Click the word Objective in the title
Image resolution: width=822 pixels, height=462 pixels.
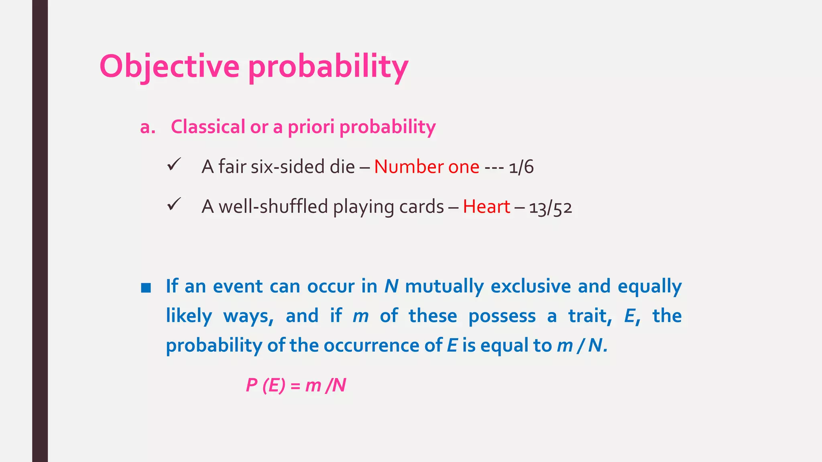169,67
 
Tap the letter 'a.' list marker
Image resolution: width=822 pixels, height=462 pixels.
147,127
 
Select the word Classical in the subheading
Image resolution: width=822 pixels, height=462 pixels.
208,127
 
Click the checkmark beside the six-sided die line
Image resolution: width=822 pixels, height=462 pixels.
174,164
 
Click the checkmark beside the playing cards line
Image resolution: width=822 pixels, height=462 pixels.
174,205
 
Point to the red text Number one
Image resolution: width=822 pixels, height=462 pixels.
427,167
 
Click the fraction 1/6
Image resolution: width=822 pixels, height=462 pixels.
521,167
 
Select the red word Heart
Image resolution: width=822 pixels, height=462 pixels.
486,207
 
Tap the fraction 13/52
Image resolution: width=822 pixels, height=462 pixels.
550,208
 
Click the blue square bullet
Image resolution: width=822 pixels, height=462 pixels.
146,288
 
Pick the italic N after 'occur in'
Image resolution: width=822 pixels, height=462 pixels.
391,286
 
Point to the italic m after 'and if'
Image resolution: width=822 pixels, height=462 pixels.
360,316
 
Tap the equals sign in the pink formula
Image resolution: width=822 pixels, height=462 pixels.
295,386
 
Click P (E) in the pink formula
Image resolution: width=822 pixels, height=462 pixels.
265,386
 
